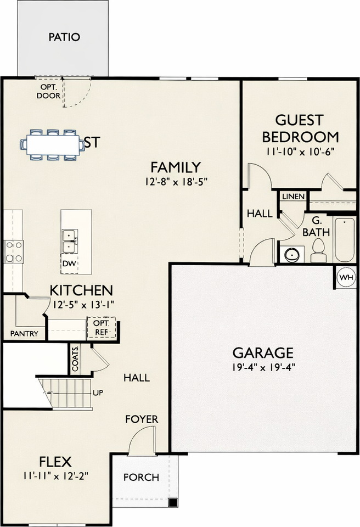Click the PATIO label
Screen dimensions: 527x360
pyautogui.click(x=64, y=37)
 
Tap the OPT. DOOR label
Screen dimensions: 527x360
pyautogui.click(x=48, y=91)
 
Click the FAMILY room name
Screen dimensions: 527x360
pyautogui.click(x=176, y=167)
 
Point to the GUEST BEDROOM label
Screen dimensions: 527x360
pyautogui.click(x=300, y=128)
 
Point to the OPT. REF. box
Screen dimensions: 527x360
pyautogui.click(x=102, y=328)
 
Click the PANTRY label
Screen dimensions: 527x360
pyautogui.click(x=24, y=333)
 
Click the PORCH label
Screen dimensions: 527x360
pyautogui.click(x=141, y=477)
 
